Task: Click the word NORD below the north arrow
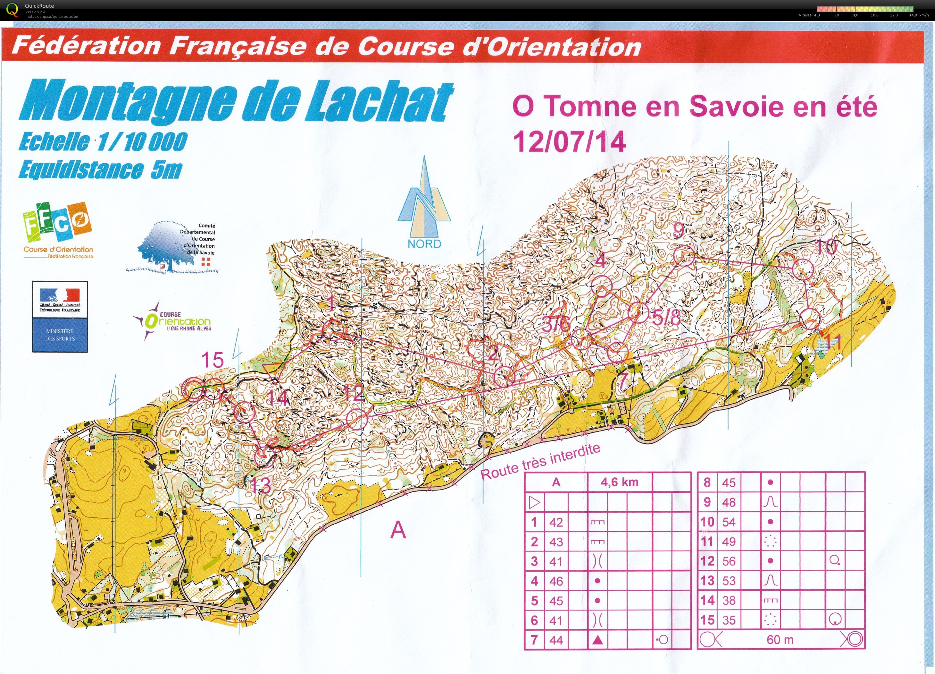coord(424,244)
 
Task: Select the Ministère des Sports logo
coord(60,316)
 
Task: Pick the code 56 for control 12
coord(729,561)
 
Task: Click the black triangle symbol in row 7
coord(598,640)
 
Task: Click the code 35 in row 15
coord(729,620)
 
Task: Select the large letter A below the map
coord(398,530)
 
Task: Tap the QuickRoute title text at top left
coord(39,6)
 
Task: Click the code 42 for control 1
coord(556,522)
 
